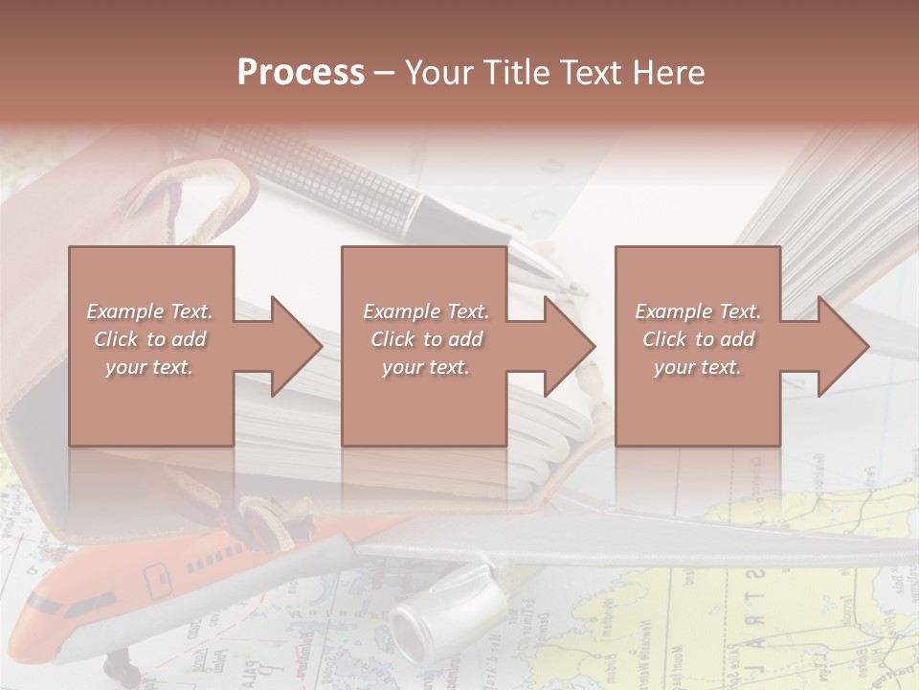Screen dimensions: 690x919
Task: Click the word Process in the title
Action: pyautogui.click(x=301, y=73)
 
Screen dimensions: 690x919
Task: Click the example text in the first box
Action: pyautogui.click(x=149, y=339)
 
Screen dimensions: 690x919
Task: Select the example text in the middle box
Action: pyautogui.click(x=426, y=339)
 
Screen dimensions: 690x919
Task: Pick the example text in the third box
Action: pyautogui.click(x=698, y=339)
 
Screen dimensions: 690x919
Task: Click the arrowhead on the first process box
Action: pyautogui.click(x=287, y=346)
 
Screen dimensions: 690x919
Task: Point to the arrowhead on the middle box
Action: pyautogui.click(x=560, y=346)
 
